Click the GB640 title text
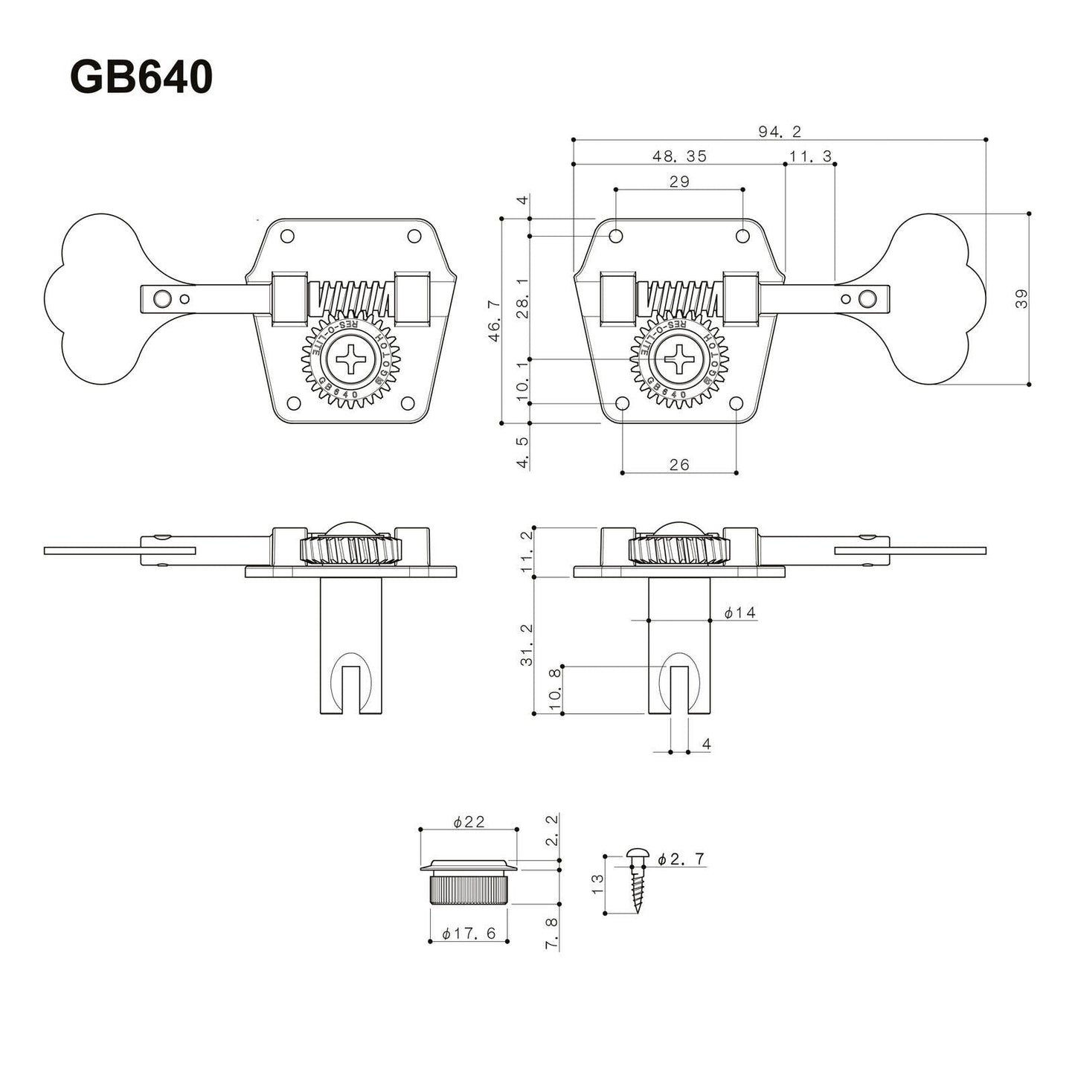coord(141,77)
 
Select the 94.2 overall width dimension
coord(779,132)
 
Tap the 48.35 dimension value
coord(679,156)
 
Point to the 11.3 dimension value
coord(810,156)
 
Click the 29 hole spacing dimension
coord(679,182)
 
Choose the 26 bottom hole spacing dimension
coord(679,464)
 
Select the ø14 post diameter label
coord(740,612)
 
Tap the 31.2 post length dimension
coord(527,645)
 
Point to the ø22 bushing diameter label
coord(469,821)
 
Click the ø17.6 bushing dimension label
coord(469,934)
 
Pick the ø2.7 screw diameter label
coord(681,859)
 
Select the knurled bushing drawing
coord(468,885)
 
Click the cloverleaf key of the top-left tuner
coord(93,298)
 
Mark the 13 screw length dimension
coord(597,883)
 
